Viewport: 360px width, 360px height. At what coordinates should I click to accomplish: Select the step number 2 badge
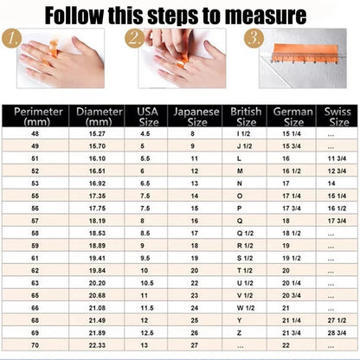(x=133, y=39)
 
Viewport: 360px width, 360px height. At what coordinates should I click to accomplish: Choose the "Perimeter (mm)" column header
(x=36, y=117)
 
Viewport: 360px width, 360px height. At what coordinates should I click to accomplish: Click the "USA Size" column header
(x=142, y=117)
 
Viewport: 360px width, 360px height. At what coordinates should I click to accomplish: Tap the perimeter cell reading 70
(x=36, y=344)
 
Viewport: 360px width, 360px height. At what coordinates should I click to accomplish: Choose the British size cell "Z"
(x=240, y=319)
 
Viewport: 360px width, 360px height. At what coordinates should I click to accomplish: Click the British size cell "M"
(x=240, y=171)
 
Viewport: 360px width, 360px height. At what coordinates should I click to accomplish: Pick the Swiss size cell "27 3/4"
(x=332, y=332)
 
